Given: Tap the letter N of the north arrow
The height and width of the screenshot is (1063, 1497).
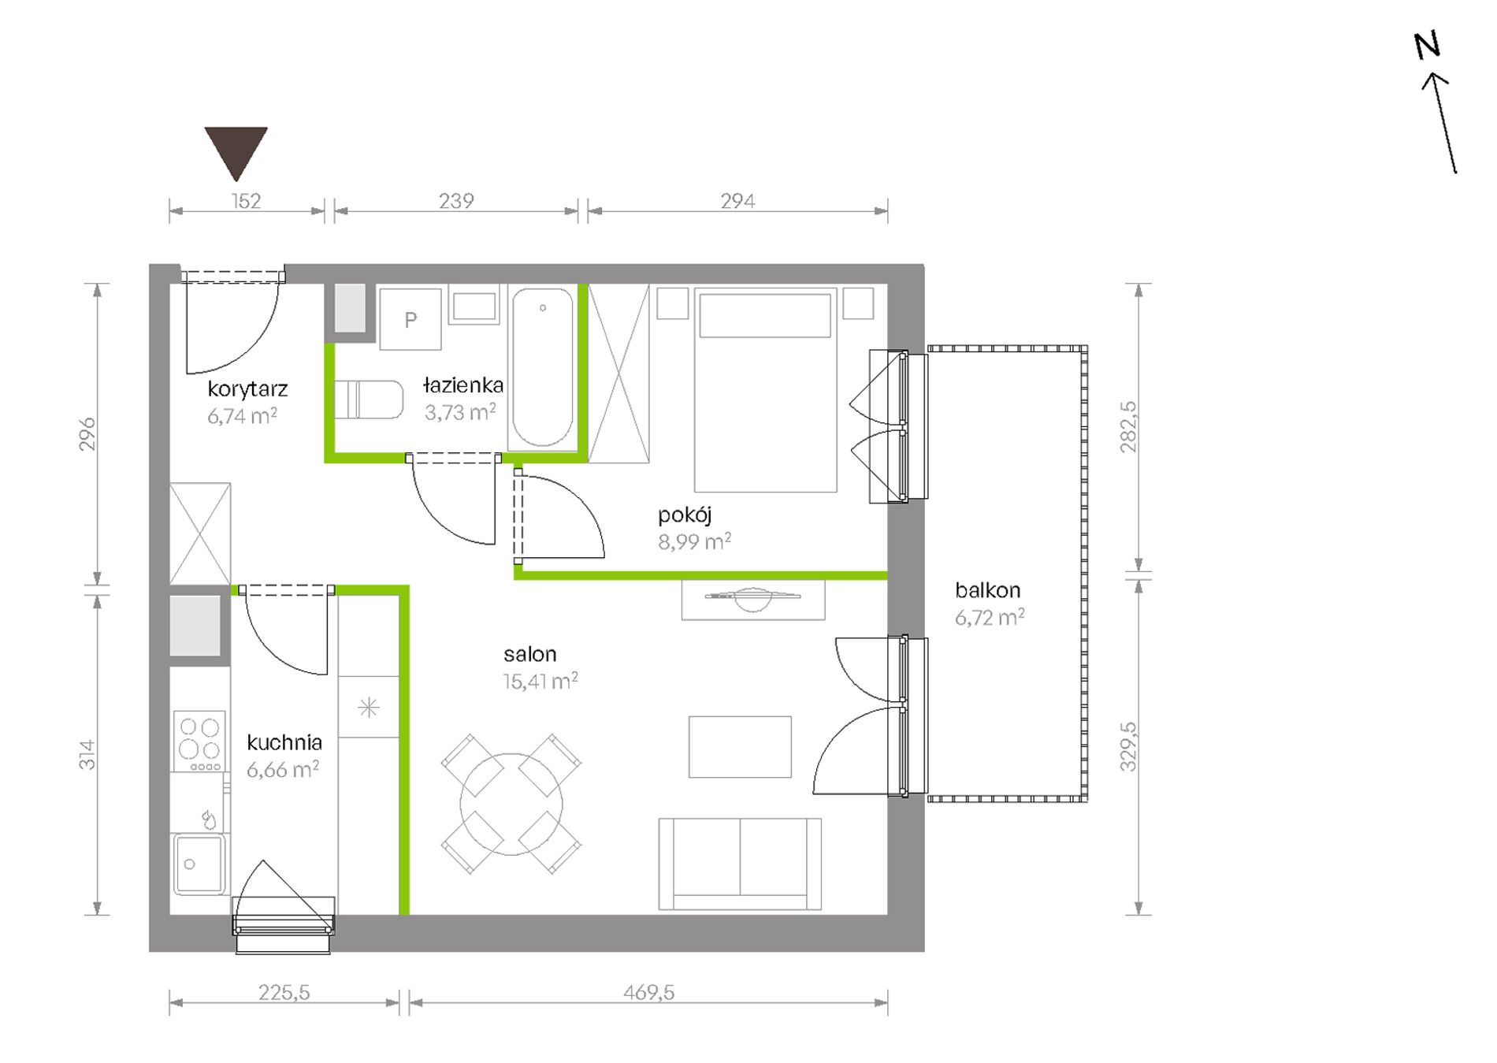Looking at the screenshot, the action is click(1427, 46).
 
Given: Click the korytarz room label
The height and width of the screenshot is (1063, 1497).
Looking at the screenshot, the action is click(247, 388).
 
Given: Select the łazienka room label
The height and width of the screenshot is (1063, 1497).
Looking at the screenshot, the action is click(462, 385).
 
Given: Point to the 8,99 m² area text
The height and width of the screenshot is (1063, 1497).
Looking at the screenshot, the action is click(694, 541).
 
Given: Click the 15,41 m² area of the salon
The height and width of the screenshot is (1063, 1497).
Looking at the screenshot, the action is click(540, 681).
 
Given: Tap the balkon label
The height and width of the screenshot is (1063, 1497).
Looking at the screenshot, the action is click(987, 589).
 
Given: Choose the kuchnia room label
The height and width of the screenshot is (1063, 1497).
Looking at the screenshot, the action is click(284, 742).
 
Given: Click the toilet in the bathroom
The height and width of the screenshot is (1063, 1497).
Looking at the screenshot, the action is click(369, 400).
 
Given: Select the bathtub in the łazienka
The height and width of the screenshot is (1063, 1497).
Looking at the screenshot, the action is click(543, 366).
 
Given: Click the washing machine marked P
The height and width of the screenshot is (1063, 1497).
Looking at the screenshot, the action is click(410, 319).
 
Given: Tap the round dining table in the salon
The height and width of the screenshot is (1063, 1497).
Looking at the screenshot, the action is click(511, 805).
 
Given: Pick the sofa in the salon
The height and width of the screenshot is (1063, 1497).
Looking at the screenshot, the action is click(740, 864).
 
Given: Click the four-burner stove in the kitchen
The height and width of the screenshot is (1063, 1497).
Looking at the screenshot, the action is click(199, 741).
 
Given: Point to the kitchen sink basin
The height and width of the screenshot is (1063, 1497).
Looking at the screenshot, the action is click(199, 864).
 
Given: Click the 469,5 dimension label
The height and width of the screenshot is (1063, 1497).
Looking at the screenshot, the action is click(648, 992).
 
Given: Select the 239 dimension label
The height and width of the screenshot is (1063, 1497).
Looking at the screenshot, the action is click(456, 201).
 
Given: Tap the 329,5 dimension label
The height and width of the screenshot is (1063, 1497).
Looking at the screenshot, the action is click(1128, 746).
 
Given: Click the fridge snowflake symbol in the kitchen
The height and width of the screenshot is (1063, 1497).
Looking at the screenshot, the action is click(368, 708).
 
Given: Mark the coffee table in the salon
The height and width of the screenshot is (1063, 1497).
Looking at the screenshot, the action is click(740, 747).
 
